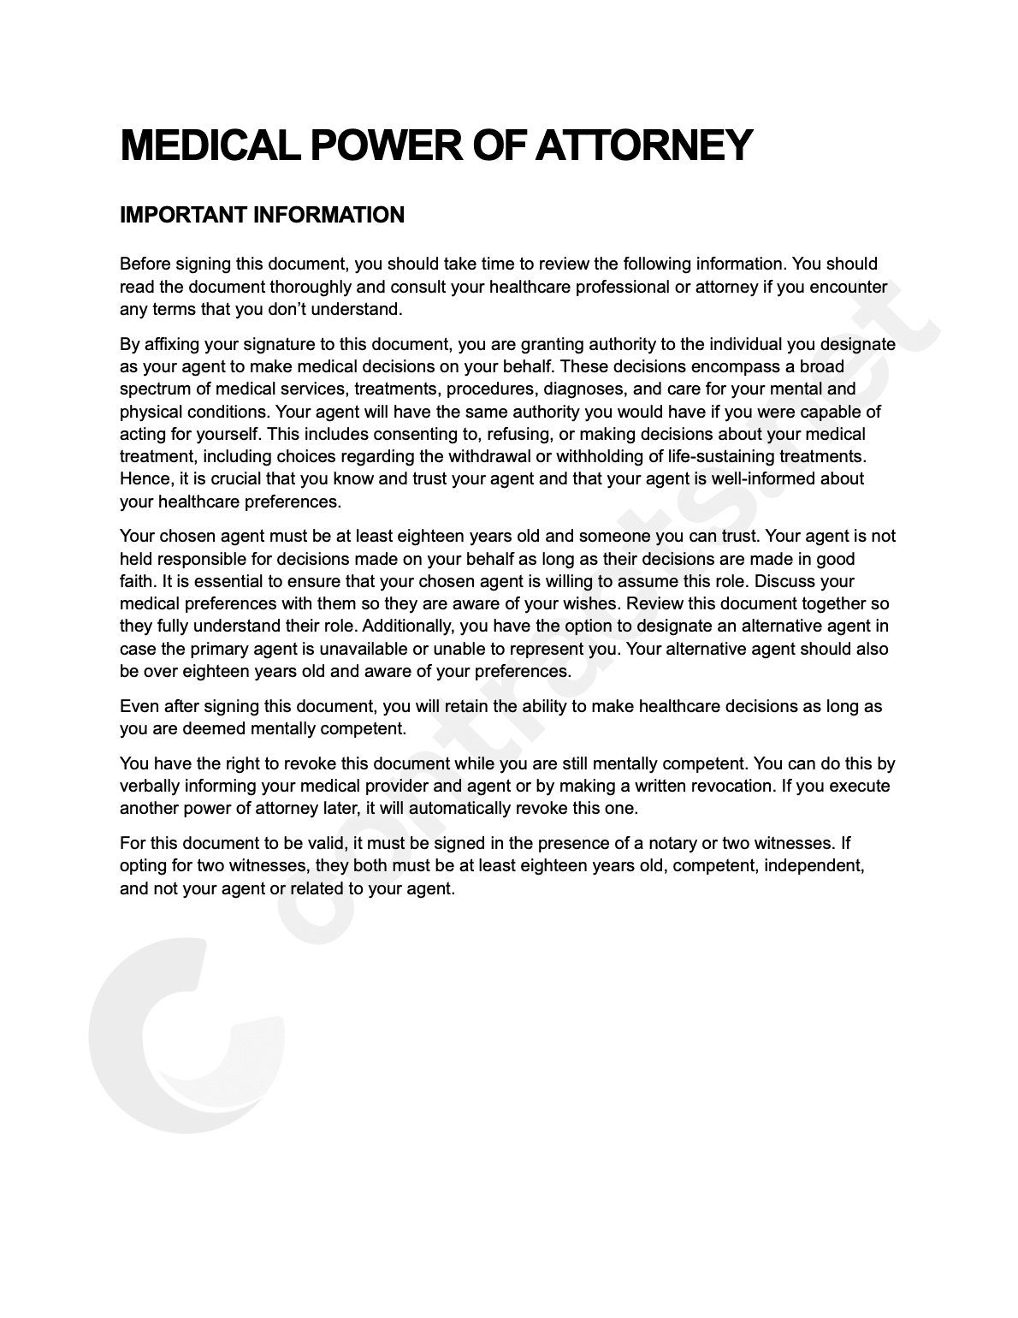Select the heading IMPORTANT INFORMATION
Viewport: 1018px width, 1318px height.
click(262, 215)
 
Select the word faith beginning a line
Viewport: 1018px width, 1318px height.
click(134, 582)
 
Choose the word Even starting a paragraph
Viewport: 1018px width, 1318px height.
click(139, 707)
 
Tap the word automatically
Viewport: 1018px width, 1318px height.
click(445, 809)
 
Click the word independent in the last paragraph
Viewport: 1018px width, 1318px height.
click(812, 865)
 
